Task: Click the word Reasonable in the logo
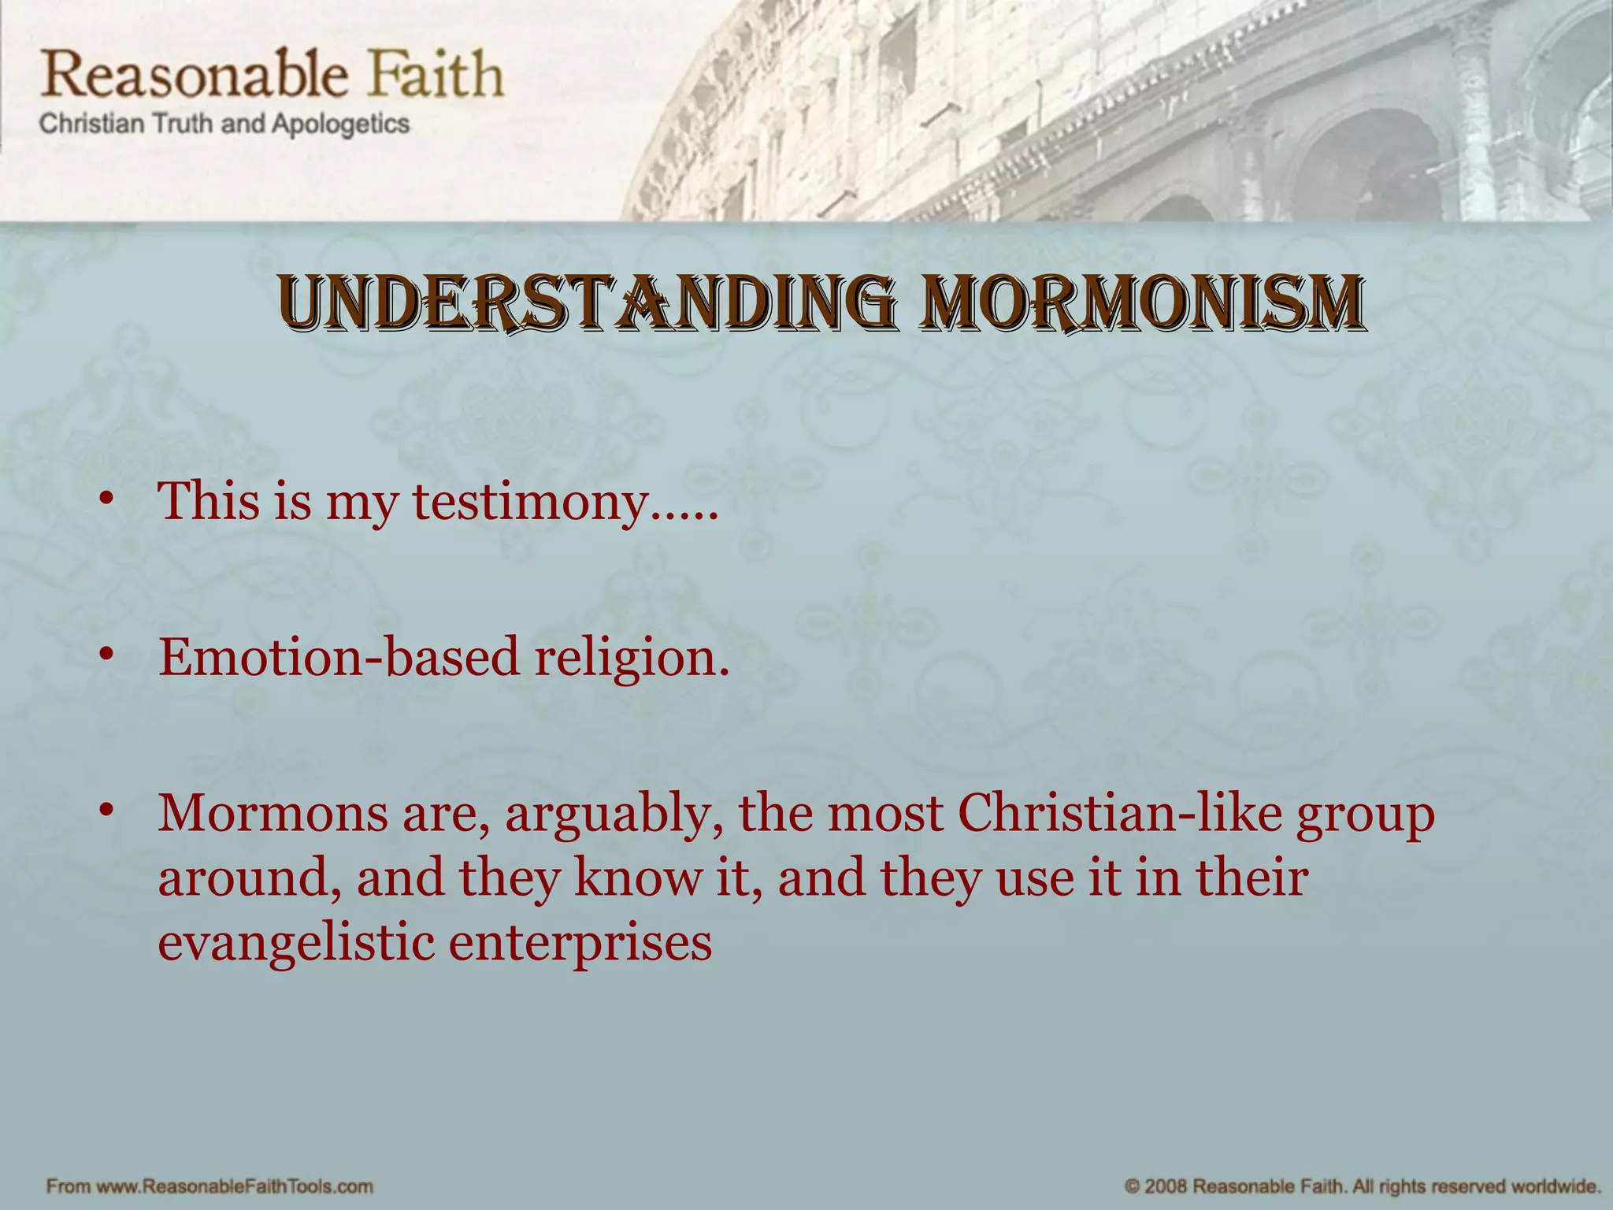pos(195,75)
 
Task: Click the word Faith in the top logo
pos(437,75)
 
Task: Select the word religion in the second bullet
pos(631,659)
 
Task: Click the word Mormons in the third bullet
pos(273,813)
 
